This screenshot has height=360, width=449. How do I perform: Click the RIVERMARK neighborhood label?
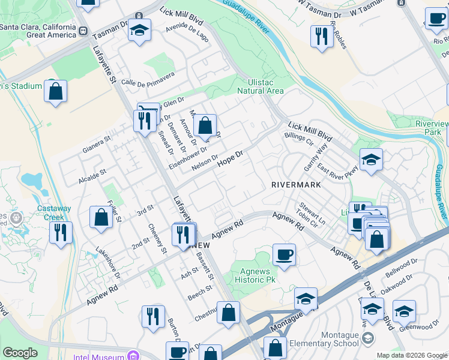pyautogui.click(x=296, y=184)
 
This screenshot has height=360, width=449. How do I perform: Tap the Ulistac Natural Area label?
pyautogui.click(x=260, y=87)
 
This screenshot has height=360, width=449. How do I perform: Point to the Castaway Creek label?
pyautogui.click(x=54, y=212)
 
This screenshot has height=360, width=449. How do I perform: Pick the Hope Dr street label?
pyautogui.click(x=230, y=158)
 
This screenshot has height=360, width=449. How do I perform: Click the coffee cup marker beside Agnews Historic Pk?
pyautogui.click(x=283, y=254)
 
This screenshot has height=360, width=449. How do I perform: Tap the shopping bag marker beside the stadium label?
pyautogui.click(x=55, y=92)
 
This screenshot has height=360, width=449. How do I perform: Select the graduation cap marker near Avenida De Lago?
pyautogui.click(x=139, y=31)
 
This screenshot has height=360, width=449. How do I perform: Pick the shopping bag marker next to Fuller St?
pyautogui.click(x=101, y=218)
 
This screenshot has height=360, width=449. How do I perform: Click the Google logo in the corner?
pyautogui.click(x=20, y=353)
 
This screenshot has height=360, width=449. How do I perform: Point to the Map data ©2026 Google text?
pyautogui.click(x=412, y=355)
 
